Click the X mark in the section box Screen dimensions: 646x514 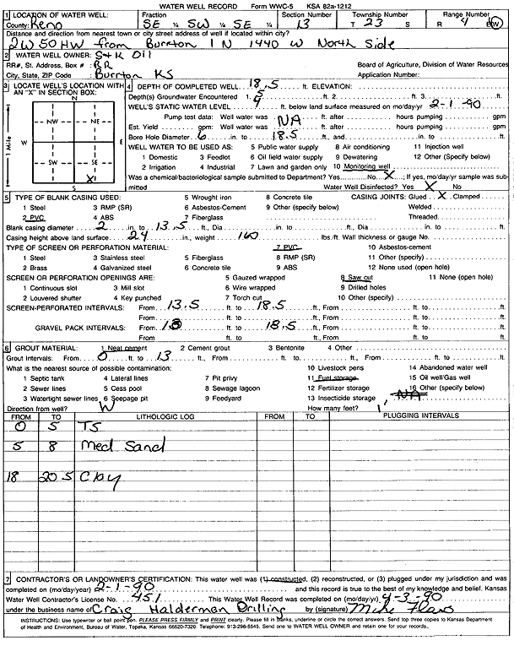click(x=90, y=178)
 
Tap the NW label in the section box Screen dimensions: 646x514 click(x=53, y=121)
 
